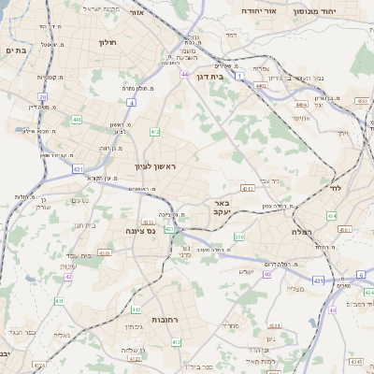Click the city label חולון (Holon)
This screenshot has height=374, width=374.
(106, 42)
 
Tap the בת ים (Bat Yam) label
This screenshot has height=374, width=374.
(13, 50)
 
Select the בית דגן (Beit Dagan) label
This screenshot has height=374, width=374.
(211, 77)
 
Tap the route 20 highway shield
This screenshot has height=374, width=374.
(43, 97)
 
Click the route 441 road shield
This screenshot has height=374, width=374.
(76, 120)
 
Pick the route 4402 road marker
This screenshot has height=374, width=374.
(261, 85)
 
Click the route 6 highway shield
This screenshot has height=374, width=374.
(360, 274)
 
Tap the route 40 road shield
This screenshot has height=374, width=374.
(267, 274)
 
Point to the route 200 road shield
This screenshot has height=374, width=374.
(238, 237)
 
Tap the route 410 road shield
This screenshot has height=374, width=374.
(105, 252)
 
